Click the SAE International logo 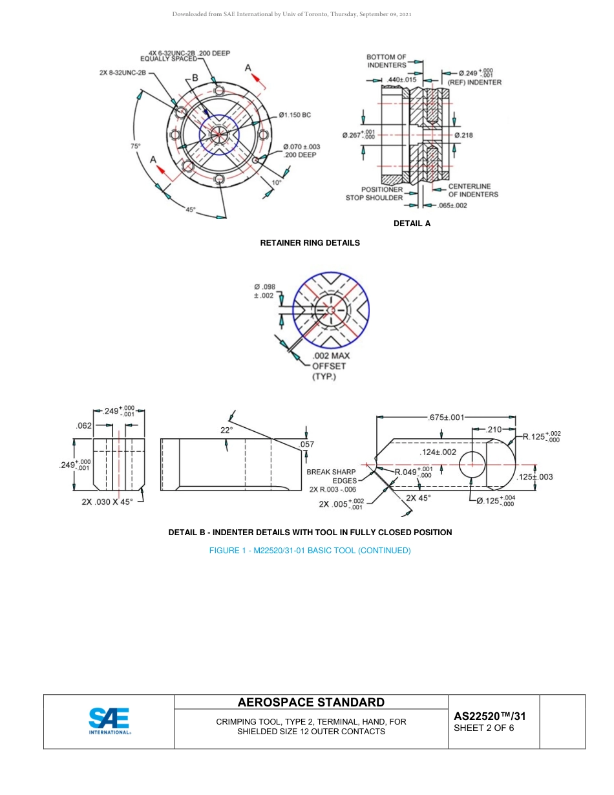click(x=109, y=721)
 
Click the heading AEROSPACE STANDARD click(x=311, y=703)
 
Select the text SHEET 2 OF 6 click(x=484, y=728)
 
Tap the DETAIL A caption click(x=412, y=224)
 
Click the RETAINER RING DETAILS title click(x=310, y=243)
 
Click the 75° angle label click(x=135, y=147)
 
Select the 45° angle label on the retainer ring click(x=191, y=209)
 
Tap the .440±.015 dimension click(x=401, y=79)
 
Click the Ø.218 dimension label click(x=463, y=135)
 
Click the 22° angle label click(x=226, y=429)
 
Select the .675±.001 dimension click(x=446, y=418)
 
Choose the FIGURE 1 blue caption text click(x=310, y=551)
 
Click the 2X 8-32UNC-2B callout click(x=123, y=73)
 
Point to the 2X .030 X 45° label click(x=107, y=502)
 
